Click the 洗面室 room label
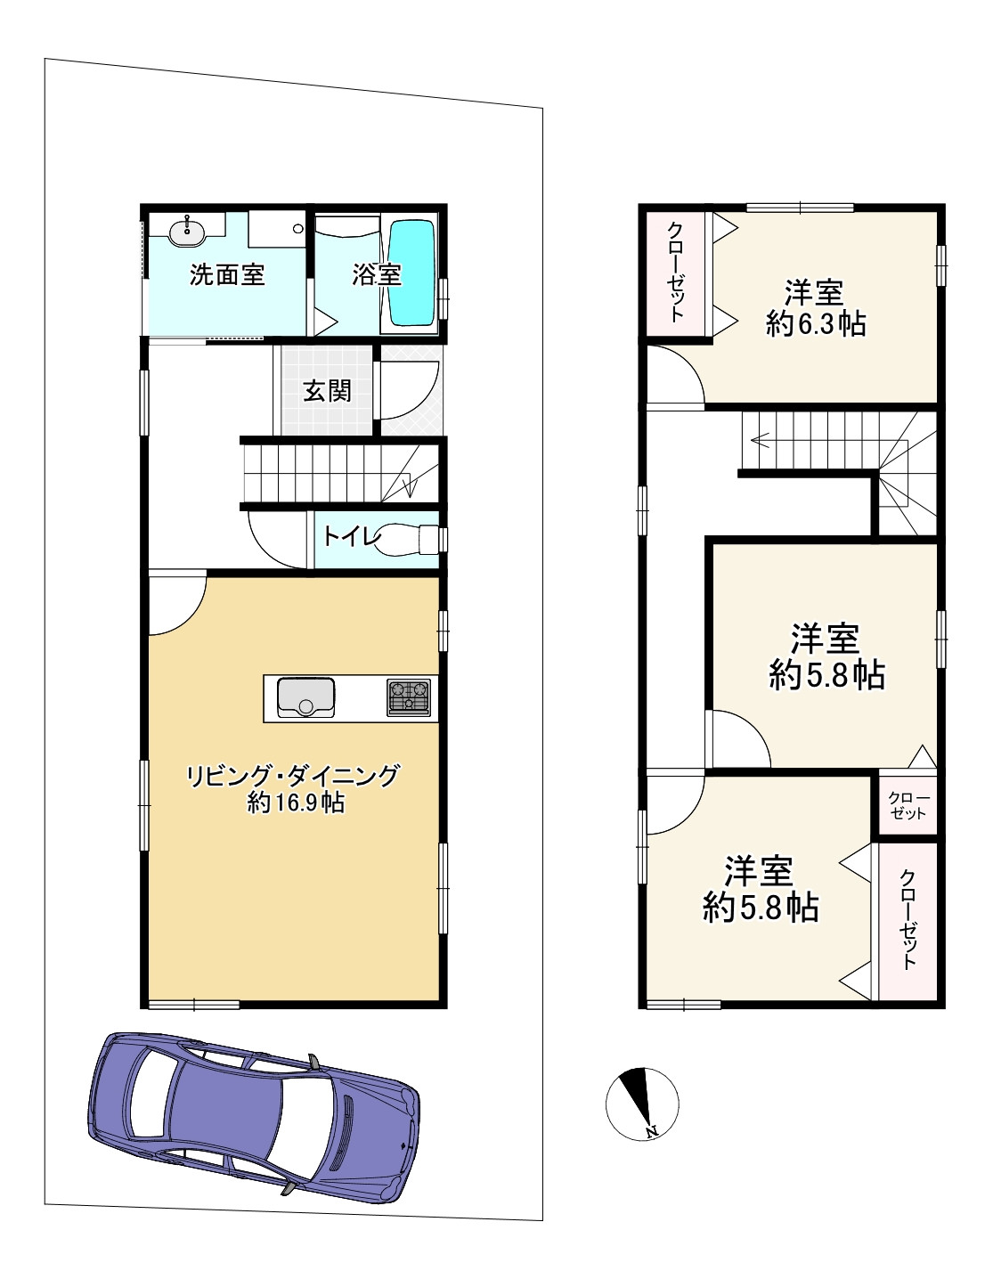[x=227, y=275]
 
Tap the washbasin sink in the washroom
[x=187, y=232]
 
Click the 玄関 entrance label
[x=327, y=390]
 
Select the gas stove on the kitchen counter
[x=409, y=698]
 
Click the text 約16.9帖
[x=296, y=803]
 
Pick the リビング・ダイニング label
[x=293, y=776]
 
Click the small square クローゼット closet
[x=908, y=806]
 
